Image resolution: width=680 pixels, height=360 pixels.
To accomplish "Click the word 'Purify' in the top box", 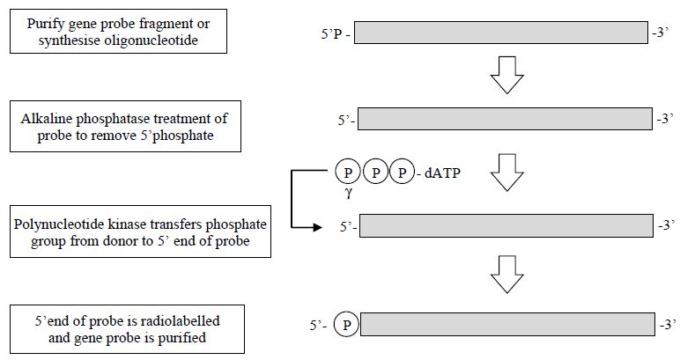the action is point(42,24).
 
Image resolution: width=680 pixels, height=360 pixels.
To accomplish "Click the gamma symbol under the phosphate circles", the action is point(348,193).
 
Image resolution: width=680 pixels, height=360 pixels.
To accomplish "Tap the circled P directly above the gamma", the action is point(348,173).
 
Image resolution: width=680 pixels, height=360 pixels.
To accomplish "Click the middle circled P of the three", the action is point(375,173).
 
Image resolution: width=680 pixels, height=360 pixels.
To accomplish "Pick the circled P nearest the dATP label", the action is point(402,173).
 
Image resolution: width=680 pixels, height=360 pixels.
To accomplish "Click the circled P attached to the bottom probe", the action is point(346,325).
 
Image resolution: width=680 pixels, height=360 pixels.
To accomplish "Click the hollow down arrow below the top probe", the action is point(507,75).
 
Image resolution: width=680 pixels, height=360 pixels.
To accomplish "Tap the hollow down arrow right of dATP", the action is point(507,173).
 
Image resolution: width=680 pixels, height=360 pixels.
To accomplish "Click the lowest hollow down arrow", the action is point(507,275).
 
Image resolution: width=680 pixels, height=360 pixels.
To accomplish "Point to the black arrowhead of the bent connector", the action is point(318,227).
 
